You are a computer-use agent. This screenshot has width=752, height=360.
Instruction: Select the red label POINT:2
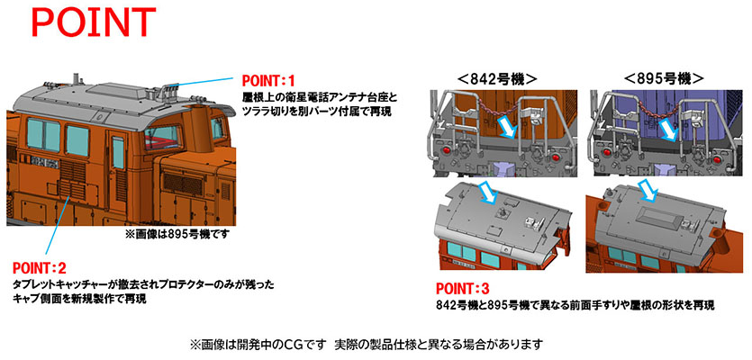point(41,268)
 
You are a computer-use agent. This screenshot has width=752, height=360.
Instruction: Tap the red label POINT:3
point(464,290)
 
